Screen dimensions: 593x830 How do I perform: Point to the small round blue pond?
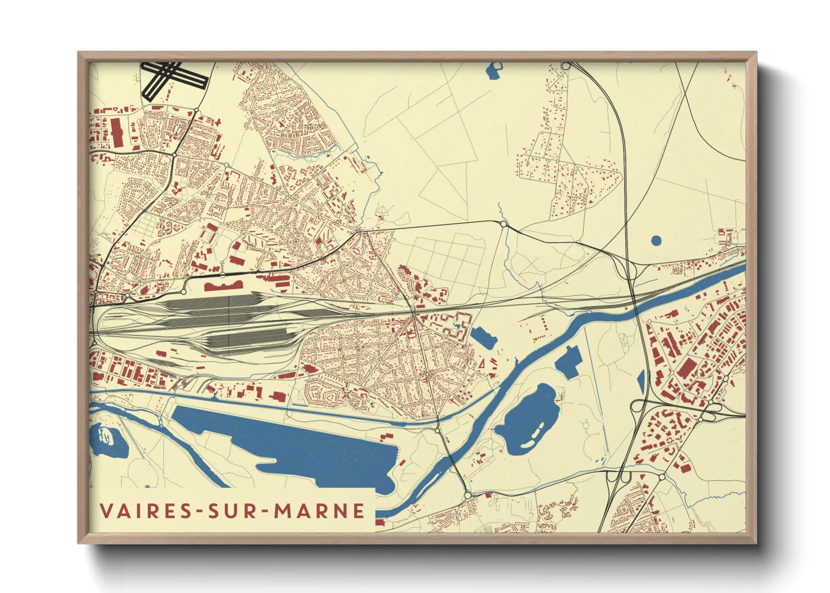click(x=656, y=240)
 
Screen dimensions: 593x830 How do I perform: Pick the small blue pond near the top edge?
click(x=495, y=71)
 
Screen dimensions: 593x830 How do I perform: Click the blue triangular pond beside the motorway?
click(x=641, y=381)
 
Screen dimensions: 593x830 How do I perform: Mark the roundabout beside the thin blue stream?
click(x=504, y=224)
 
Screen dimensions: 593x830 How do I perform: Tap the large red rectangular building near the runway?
click(x=117, y=132)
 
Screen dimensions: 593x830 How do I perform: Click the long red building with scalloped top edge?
click(x=223, y=286)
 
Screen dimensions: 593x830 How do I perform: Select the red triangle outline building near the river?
click(x=481, y=363)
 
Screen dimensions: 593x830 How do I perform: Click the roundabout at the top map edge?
click(x=566, y=66)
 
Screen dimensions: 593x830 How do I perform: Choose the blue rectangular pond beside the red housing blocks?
click(x=483, y=338)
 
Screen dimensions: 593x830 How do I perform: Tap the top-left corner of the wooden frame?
click(x=79, y=53)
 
